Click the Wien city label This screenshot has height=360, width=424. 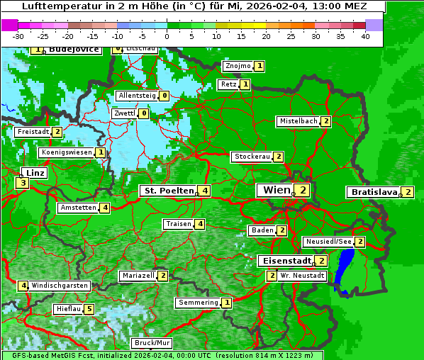tap(277, 190)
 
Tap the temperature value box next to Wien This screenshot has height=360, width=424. tap(303, 190)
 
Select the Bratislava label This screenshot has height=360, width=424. tap(373, 192)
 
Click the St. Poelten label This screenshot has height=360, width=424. tap(168, 191)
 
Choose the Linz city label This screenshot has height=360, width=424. tap(35, 173)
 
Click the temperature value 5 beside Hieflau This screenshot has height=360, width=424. tap(89, 309)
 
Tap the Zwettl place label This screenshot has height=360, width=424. tap(123, 113)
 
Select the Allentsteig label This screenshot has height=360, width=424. tap(137, 96)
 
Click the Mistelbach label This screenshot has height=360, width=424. tap(299, 121)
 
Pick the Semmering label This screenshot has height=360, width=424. tap(198, 303)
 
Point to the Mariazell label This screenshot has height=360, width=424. tap(138, 276)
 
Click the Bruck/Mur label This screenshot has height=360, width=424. tap(152, 343)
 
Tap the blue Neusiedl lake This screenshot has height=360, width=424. tap(345, 269)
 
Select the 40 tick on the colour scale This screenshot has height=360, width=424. tap(365, 35)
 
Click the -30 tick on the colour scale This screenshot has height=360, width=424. tap(18, 35)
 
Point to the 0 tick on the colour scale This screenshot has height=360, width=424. tap(167, 35)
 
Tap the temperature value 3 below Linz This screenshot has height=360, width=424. tap(22, 184)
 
